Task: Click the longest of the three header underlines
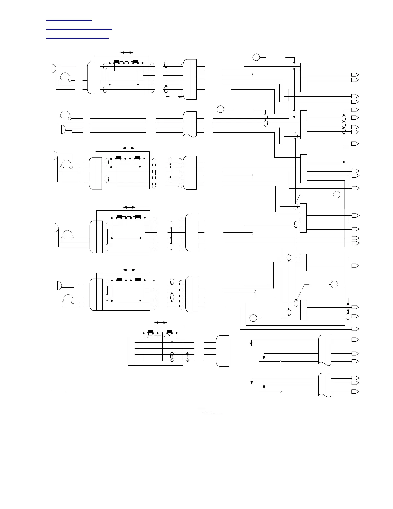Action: tap(79, 29)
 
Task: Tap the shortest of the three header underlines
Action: tap(69, 20)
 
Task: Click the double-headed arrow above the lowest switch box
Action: tap(161, 322)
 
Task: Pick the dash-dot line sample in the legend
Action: tap(215, 413)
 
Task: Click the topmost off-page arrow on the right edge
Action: tap(355, 75)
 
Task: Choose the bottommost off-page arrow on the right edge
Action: tap(355, 392)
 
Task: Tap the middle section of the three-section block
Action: tap(303, 124)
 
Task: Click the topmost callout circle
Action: tap(256, 58)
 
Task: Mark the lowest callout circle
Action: tap(253, 318)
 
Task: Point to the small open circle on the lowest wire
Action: tap(281, 392)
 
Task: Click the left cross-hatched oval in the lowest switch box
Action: tap(172, 357)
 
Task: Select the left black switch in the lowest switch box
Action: tap(150, 332)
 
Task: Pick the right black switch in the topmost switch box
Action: tap(135, 62)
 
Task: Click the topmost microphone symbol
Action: tap(54, 68)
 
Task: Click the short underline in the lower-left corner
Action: tap(59, 392)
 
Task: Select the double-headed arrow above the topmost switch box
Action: tap(127, 52)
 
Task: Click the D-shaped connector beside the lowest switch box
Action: tap(223, 351)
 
